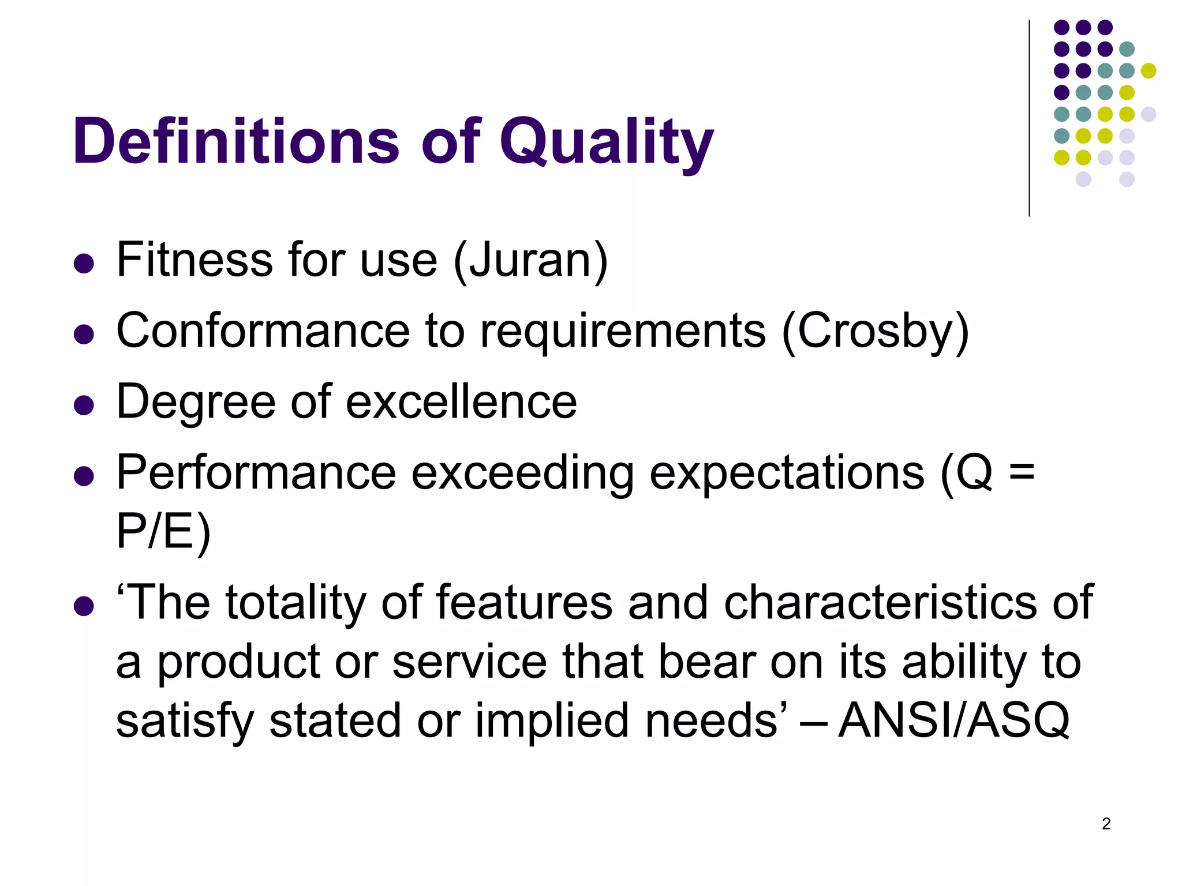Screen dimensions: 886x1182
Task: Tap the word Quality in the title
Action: tap(606, 142)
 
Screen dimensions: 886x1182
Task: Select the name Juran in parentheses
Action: tap(532, 260)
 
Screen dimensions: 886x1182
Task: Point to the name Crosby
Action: tap(875, 331)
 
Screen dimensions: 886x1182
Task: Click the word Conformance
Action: tap(263, 331)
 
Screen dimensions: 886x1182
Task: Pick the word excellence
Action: tap(461, 401)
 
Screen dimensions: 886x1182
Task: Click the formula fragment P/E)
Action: tap(163, 532)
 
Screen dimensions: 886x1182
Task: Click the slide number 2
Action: tap(1106, 824)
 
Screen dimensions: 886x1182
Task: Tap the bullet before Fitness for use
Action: tap(84, 264)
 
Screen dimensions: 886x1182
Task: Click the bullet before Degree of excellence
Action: tap(84, 405)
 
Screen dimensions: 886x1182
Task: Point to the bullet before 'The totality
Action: tap(84, 606)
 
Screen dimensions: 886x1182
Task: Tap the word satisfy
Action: tap(185, 720)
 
